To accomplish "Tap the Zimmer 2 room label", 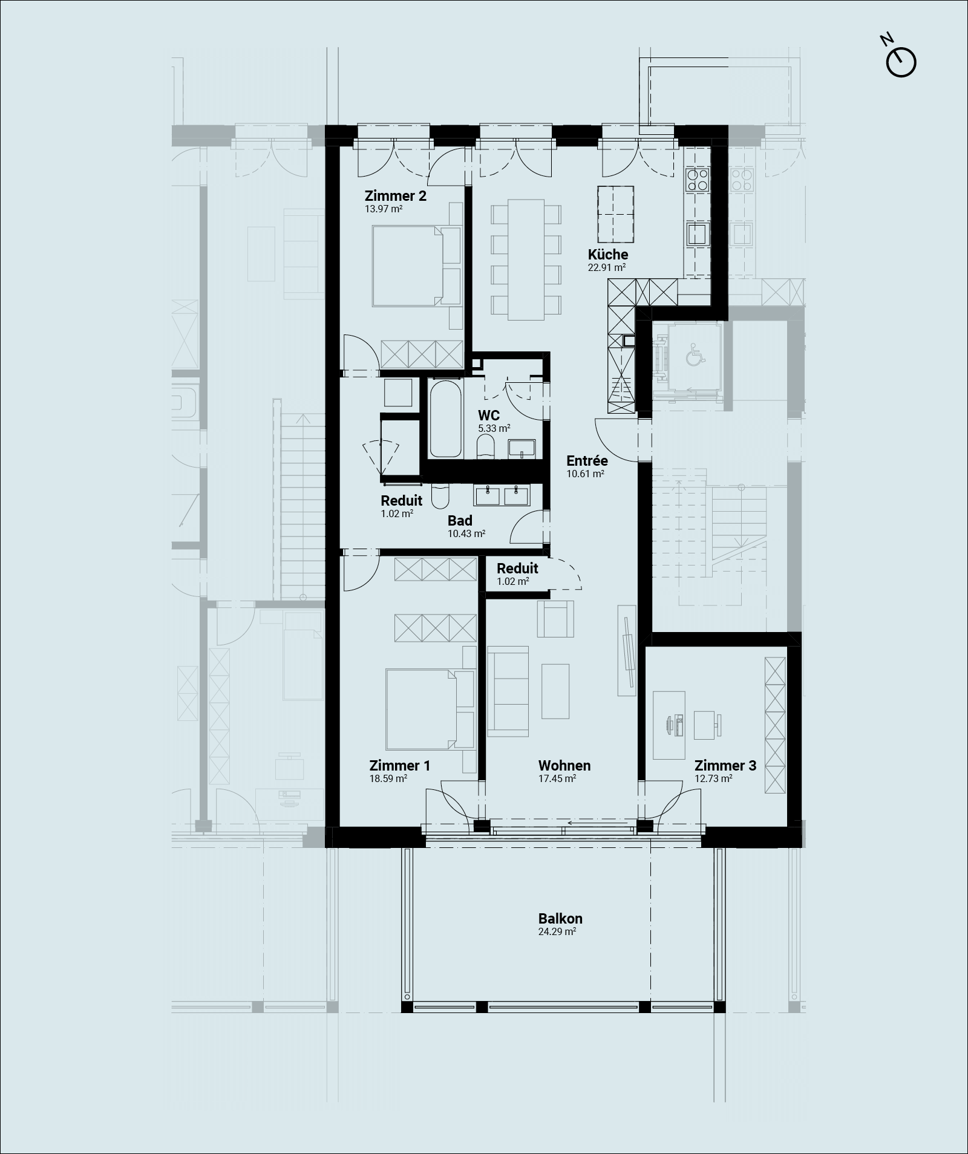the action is pyautogui.click(x=395, y=196).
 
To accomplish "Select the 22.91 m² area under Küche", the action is pyautogui.click(x=607, y=267).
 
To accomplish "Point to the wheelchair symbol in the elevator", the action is pyautogui.click(x=695, y=354).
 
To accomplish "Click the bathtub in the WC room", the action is pyautogui.click(x=445, y=419).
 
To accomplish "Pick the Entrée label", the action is pyautogui.click(x=587, y=461).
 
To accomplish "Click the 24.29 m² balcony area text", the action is pyautogui.click(x=557, y=932).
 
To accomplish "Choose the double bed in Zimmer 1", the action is pyautogui.click(x=430, y=709).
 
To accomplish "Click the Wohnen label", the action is pyautogui.click(x=564, y=766).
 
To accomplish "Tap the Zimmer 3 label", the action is pyautogui.click(x=725, y=766).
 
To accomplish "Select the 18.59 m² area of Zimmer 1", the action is pyautogui.click(x=388, y=779).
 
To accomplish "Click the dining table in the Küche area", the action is pyautogui.click(x=526, y=259).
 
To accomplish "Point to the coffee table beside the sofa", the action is pyautogui.click(x=555, y=691).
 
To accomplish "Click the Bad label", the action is pyautogui.click(x=460, y=521).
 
